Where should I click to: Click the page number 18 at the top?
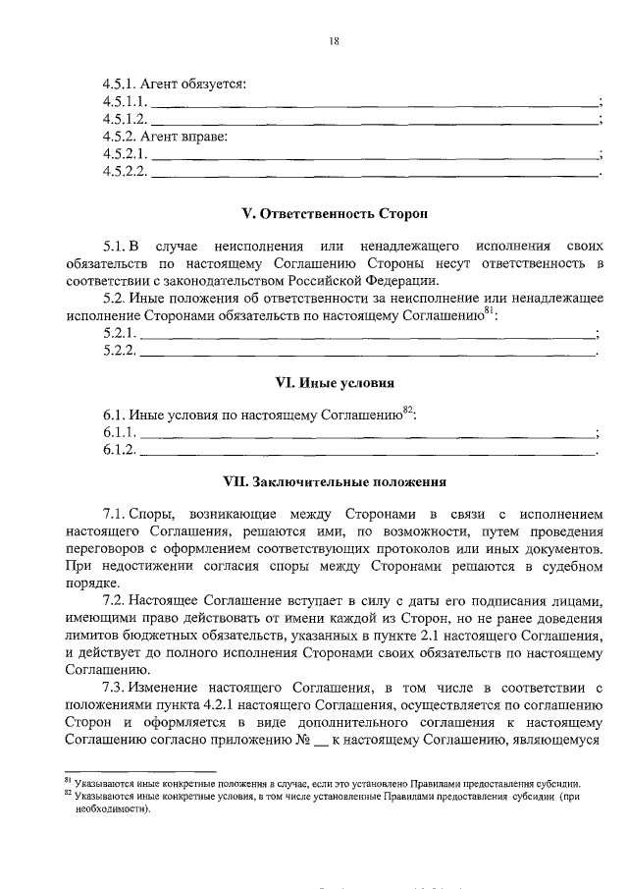(x=334, y=40)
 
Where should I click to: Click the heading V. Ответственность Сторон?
(x=334, y=212)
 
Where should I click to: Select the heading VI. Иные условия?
(x=334, y=382)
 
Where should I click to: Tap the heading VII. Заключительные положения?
(x=334, y=482)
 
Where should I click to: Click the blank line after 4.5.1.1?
(x=373, y=104)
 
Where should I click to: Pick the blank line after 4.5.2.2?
(x=373, y=174)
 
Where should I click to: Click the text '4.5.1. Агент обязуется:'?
(x=174, y=83)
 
